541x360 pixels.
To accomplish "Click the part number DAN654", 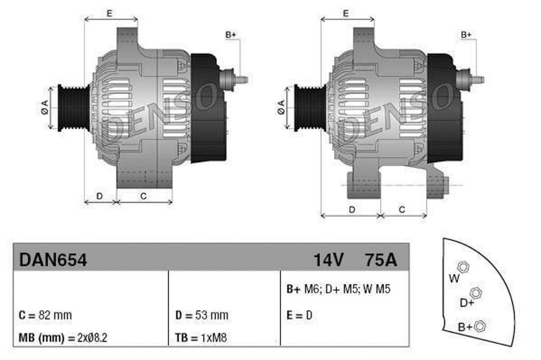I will (x=53, y=260).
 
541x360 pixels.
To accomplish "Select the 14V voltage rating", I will (x=329, y=260).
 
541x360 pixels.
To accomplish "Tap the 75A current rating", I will (x=380, y=260).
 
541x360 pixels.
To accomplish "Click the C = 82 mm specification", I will (x=45, y=315).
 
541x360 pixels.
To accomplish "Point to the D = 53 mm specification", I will (x=202, y=315).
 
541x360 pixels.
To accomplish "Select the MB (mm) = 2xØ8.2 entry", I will (x=63, y=337).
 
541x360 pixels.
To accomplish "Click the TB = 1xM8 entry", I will (x=201, y=337).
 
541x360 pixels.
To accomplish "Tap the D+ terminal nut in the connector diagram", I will (x=475, y=292).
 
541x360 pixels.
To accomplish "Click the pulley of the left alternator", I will (x=70, y=107).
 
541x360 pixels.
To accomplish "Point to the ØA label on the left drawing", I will (x=45, y=108).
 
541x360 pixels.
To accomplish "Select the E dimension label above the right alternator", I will (x=346, y=13).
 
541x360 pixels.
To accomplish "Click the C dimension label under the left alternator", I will (x=143, y=196).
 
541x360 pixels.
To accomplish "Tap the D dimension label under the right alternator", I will (x=351, y=210).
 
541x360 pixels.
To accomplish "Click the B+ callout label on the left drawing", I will (x=231, y=35).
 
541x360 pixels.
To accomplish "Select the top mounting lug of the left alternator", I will (x=127, y=39).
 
